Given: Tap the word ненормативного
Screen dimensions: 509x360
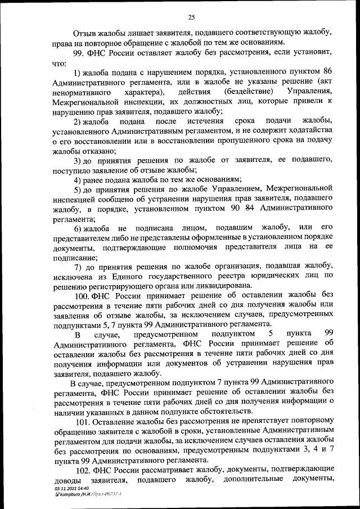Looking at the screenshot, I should coord(81,92).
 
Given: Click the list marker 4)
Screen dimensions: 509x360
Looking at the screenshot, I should coord(79,179).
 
